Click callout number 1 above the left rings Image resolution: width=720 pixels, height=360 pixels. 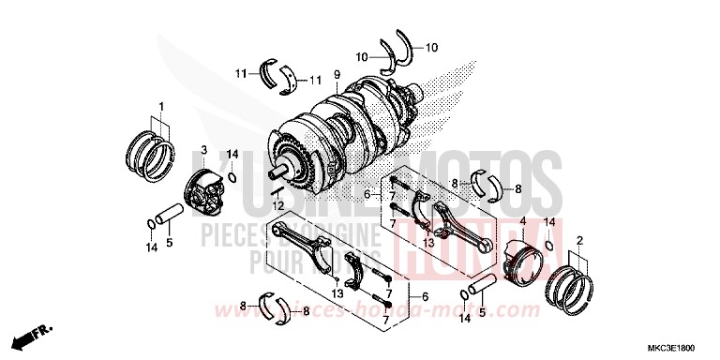point(160,105)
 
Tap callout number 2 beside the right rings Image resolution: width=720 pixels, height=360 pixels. point(580,241)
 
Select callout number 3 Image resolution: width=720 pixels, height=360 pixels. point(202,150)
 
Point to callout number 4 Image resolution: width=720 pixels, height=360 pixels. point(522,222)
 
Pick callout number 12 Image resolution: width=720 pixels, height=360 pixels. point(277,204)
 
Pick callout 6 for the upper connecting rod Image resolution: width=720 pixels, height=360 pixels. point(367,195)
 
